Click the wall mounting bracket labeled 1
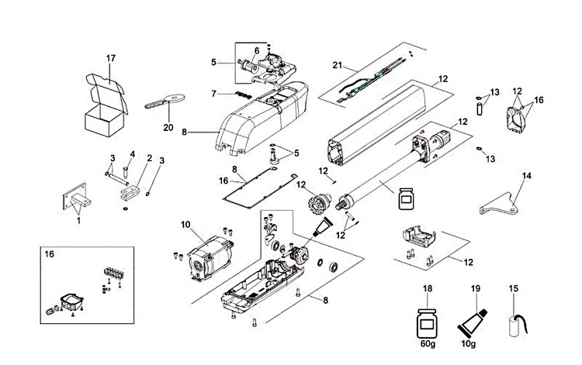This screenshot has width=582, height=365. tap(78, 201)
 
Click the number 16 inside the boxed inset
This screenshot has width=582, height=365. tap(50, 254)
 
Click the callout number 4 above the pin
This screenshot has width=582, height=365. tap(132, 153)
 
